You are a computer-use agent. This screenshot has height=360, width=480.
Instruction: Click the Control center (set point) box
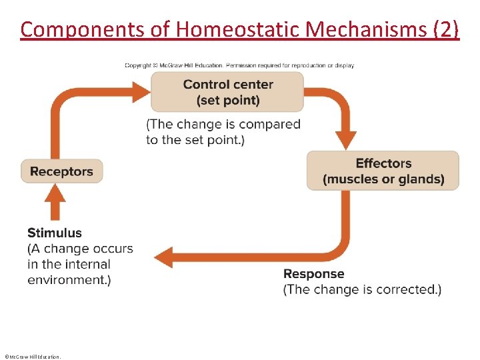click(227, 92)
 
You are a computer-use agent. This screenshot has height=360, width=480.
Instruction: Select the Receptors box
click(61, 171)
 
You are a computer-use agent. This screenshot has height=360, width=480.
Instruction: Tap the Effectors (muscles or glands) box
click(383, 171)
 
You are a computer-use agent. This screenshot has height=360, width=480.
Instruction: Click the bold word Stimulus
click(55, 233)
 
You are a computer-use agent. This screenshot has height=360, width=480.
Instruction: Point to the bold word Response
click(313, 273)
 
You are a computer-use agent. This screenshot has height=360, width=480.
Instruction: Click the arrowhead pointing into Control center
click(141, 92)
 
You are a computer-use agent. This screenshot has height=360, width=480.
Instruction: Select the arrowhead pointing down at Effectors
click(345, 141)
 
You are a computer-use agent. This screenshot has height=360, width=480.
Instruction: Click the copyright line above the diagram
click(239, 65)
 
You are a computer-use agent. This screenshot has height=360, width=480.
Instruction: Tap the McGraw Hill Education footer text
click(32, 357)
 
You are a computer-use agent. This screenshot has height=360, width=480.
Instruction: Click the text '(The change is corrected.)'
click(362, 289)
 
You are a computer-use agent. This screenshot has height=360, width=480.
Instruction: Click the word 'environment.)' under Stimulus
click(69, 280)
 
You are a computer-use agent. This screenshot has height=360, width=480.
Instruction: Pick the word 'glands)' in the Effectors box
click(423, 179)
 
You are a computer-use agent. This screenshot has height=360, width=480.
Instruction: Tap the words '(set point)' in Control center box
click(228, 100)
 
